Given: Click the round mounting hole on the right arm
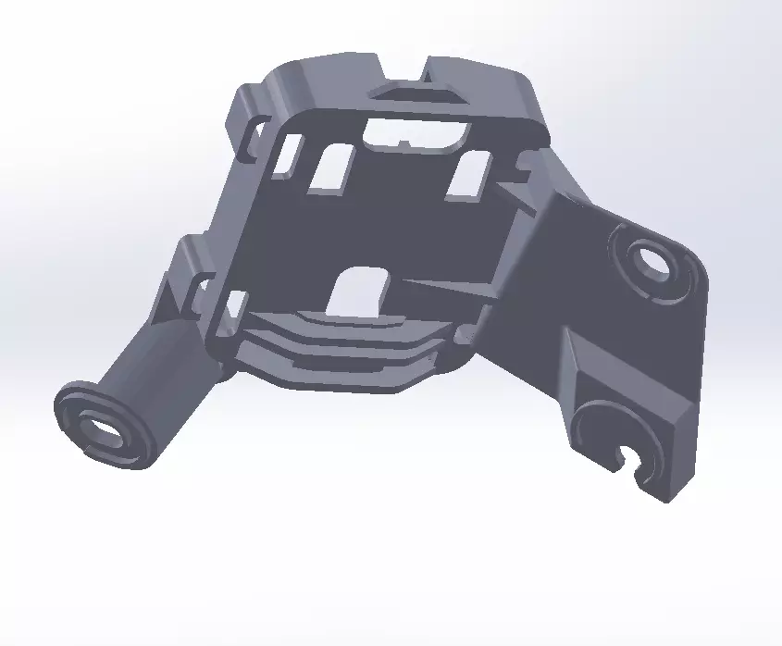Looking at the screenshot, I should pos(653,260).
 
